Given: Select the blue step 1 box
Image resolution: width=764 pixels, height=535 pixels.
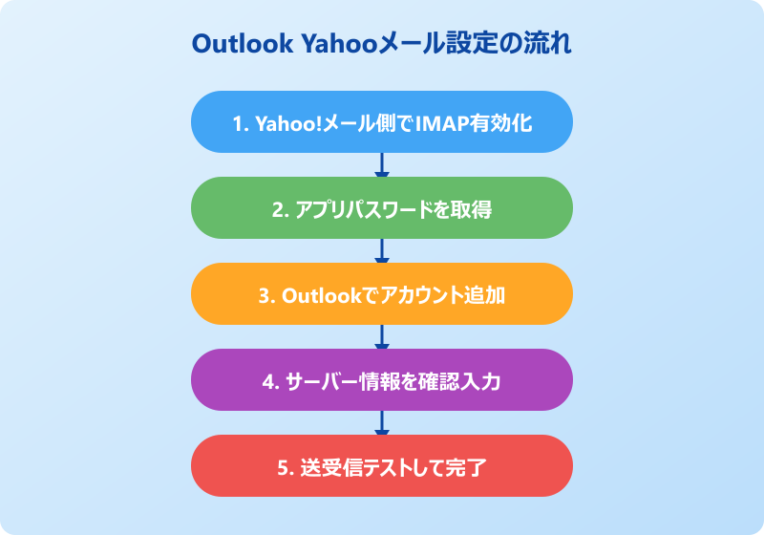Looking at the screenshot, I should pyautogui.click(x=382, y=122).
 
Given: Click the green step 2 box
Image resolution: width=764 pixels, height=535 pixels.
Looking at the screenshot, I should pyautogui.click(x=382, y=208).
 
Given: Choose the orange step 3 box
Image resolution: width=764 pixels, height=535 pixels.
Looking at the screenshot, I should pyautogui.click(x=382, y=294).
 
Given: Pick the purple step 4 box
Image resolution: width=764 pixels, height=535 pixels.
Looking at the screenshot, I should pyautogui.click(x=382, y=380).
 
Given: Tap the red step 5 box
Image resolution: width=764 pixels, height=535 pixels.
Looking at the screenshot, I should pyautogui.click(x=382, y=466).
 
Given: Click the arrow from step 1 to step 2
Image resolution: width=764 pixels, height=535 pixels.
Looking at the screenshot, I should pyautogui.click(x=382, y=165).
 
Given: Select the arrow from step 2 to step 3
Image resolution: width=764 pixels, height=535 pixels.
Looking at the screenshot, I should pyautogui.click(x=382, y=251).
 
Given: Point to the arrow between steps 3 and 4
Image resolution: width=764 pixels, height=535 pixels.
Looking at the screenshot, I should pyautogui.click(x=382, y=337).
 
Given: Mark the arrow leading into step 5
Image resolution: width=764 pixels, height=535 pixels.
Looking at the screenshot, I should pyautogui.click(x=382, y=423).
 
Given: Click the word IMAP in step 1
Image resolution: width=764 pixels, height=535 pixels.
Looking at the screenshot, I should pyautogui.click(x=438, y=123).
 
